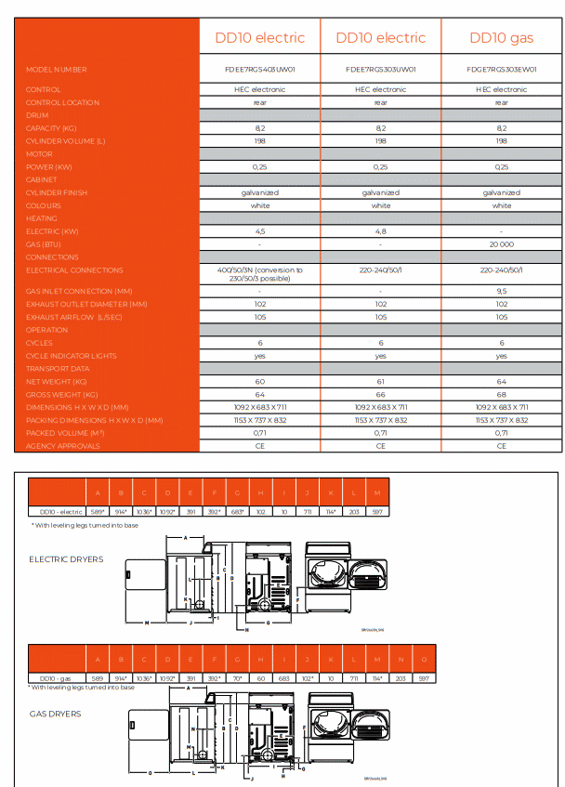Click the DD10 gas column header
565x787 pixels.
point(501,38)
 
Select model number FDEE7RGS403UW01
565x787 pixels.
point(260,69)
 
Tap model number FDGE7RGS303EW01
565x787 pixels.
point(501,69)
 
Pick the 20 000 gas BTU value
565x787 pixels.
point(501,243)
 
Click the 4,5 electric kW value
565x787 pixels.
point(260,230)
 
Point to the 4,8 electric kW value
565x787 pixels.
point(381,230)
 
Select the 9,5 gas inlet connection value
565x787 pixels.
point(501,291)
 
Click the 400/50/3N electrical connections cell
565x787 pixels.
point(260,274)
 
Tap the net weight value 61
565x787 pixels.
point(381,382)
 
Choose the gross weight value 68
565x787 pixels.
point(501,395)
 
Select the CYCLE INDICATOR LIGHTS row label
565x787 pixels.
point(72,356)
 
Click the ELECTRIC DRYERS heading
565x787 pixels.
point(66,559)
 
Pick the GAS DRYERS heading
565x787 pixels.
point(55,714)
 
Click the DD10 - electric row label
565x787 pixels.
point(57,512)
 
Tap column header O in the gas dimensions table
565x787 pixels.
point(423,659)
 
